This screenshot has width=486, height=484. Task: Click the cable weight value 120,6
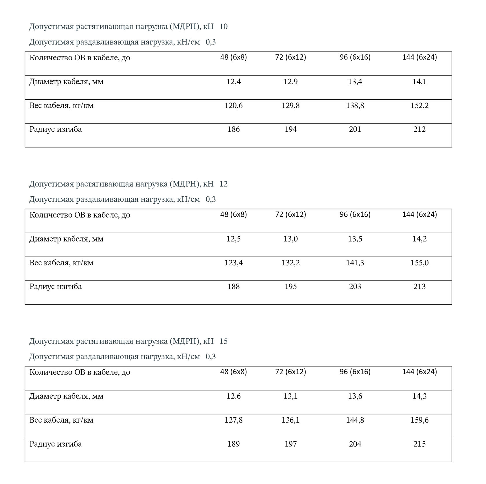pos(233,106)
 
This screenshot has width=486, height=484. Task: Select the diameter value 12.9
pos(290,82)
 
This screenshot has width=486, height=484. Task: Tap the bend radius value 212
pos(419,129)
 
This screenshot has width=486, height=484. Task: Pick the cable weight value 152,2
pos(419,106)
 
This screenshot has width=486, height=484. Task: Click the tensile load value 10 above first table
pos(224,27)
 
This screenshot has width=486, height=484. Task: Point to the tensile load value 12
pos(224,184)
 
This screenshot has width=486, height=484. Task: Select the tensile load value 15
pos(224,341)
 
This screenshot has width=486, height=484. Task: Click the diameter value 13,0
pos(290,239)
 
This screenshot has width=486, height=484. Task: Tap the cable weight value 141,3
pos(355,263)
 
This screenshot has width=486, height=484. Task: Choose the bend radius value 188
pos(233,286)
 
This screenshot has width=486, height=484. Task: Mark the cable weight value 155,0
pos(419,263)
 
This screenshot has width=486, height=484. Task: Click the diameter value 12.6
pos(233,396)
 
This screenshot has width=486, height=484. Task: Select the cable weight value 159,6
pos(419,420)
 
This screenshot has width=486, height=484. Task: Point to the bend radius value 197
pos(290,444)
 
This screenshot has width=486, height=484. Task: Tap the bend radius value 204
pos(355,444)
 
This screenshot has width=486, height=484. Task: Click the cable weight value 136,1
pos(290,420)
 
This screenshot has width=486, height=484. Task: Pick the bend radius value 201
pos(355,129)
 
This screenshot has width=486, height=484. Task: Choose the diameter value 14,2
pos(419,239)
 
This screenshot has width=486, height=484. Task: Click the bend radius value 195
pos(290,286)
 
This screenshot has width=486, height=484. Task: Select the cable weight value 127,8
pos(233,420)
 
